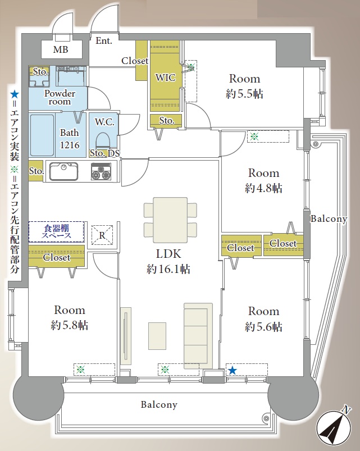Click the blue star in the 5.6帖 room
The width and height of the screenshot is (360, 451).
tap(233, 370)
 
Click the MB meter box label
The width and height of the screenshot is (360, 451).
tap(61, 49)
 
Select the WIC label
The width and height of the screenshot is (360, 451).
tap(165, 78)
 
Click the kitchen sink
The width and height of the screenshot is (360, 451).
tap(63, 172)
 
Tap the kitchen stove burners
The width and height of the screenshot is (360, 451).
tap(101, 172)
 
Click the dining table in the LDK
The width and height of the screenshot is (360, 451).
tap(170, 220)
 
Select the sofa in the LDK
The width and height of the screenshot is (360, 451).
tap(198, 336)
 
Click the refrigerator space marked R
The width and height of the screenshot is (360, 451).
tap(102, 235)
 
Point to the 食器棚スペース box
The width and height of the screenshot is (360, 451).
tap(56, 232)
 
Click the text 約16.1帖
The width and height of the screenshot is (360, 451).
tap(168, 269)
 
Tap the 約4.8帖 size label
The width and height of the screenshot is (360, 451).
tap(263, 188)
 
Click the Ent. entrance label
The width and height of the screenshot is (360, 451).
tap(103, 41)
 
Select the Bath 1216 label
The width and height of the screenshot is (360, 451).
tap(70, 139)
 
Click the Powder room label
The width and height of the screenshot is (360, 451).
tap(60, 97)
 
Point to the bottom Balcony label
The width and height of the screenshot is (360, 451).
tap(159, 405)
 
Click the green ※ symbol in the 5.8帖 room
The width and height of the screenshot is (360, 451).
tap(80, 370)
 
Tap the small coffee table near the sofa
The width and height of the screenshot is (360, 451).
tap(157, 336)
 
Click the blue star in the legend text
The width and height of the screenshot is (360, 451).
tap(15, 94)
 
